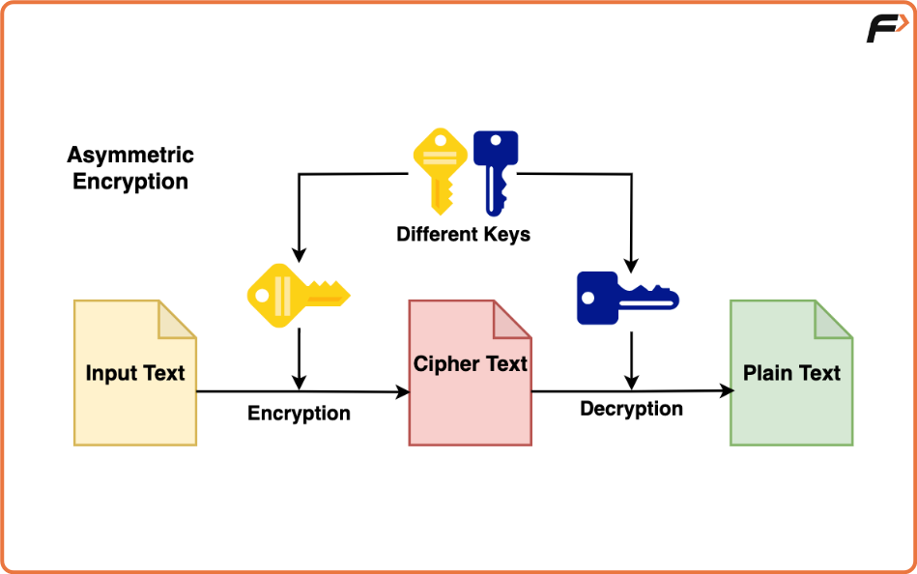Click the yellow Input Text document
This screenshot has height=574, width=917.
pos(134,387)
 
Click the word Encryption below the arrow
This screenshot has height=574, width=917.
pos(299,414)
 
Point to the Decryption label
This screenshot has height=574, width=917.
pos(631,409)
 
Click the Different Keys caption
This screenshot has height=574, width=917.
pos(463,234)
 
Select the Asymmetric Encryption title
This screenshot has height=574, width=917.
pos(130,168)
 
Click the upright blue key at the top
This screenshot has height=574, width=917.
pos(495,171)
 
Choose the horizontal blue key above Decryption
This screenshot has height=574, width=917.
pos(626,297)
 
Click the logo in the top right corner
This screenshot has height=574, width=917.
pos(886,29)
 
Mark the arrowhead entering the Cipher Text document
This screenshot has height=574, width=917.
pos(403,392)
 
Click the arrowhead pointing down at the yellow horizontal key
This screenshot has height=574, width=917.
pos(299,254)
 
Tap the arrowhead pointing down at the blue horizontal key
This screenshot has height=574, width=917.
pos(631,264)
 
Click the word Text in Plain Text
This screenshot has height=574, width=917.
pos(818,373)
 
